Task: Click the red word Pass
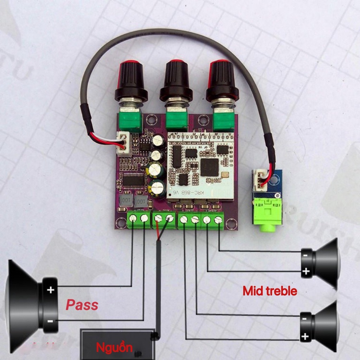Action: [x=82, y=304]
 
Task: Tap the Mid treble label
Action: [x=270, y=291]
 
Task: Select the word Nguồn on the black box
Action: [x=114, y=348]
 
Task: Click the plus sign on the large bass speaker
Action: [x=51, y=290]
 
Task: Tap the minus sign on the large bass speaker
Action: [x=51, y=321]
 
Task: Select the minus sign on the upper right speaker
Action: [x=306, y=255]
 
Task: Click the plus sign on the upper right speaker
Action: [x=306, y=271]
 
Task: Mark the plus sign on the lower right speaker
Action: [x=305, y=337]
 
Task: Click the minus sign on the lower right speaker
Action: [x=304, y=319]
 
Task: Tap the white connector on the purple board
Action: [x=123, y=144]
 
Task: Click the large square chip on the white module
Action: [x=210, y=168]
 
